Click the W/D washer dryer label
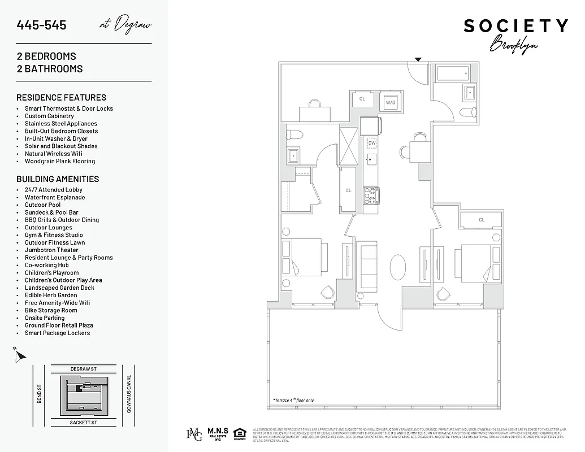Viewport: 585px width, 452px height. tap(391, 102)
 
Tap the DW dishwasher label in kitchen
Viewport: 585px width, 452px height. tap(372, 144)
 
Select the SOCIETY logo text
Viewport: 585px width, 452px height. tap(515, 26)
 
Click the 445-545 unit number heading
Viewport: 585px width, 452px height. tap(42, 25)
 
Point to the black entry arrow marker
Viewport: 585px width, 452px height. tap(418, 59)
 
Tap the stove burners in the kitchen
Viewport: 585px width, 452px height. tap(371, 195)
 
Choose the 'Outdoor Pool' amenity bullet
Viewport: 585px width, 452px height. tap(42, 205)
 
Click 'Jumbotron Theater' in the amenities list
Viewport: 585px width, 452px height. tap(51, 250)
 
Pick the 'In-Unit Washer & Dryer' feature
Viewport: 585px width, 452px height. tap(56, 138)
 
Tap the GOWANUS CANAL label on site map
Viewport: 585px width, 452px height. tap(129, 394)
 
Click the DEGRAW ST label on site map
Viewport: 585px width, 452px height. tap(84, 369)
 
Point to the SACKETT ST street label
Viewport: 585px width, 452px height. tap(84, 422)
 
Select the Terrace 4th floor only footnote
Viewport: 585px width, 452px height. tap(293, 400)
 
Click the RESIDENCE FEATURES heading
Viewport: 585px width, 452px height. tap(61, 97)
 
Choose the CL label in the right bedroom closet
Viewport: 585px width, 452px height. tap(482, 220)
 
